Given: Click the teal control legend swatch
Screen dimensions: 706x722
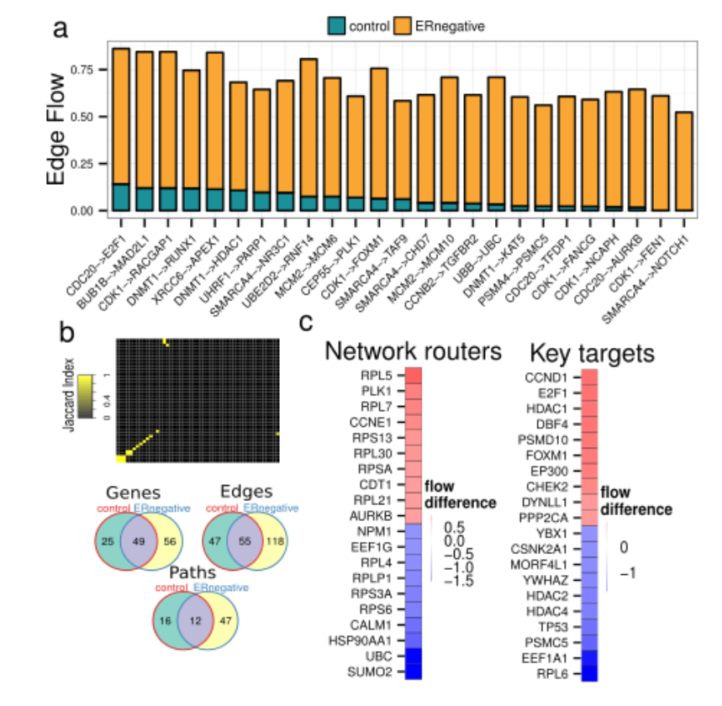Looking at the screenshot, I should click(x=337, y=26).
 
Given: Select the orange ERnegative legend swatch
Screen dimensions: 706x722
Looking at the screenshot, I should click(x=403, y=26).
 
